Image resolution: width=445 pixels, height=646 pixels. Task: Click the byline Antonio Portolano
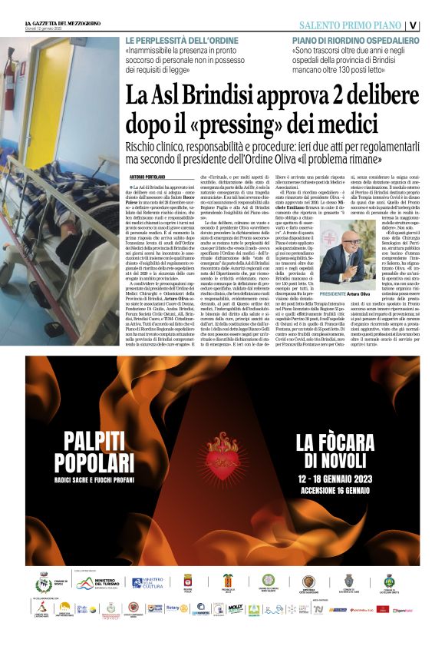click(147, 177)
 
